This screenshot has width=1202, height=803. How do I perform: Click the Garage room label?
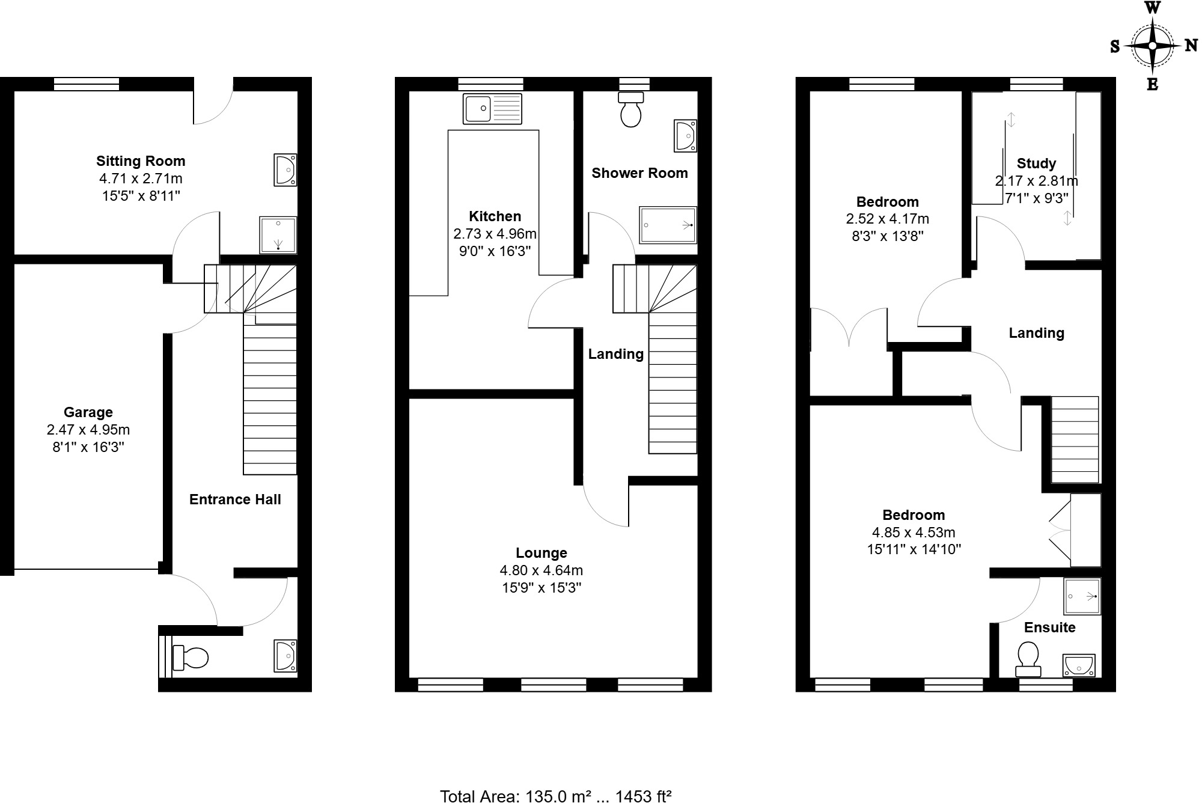click(88, 412)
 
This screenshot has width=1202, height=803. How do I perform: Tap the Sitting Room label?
click(141, 161)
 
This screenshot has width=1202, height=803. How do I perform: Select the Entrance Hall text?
click(235, 499)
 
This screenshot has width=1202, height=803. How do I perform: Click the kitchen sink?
click(492, 109)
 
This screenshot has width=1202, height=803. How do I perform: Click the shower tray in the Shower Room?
click(668, 225)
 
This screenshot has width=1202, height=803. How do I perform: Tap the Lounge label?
click(541, 553)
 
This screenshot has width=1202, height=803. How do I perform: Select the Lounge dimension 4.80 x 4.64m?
click(541, 570)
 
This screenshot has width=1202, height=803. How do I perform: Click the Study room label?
click(1036, 163)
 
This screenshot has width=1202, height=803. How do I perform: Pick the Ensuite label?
click(1049, 627)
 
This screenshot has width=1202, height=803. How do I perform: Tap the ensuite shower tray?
click(1082, 596)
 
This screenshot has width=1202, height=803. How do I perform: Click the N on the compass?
click(1191, 46)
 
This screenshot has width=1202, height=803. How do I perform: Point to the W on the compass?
click(1152, 8)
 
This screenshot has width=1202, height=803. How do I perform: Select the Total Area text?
click(555, 796)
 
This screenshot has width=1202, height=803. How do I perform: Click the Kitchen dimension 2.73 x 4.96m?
click(495, 234)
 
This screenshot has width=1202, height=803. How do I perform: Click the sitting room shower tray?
click(278, 234)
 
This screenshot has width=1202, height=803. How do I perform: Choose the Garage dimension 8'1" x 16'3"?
click(88, 447)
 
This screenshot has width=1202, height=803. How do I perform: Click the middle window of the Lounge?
click(553, 684)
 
